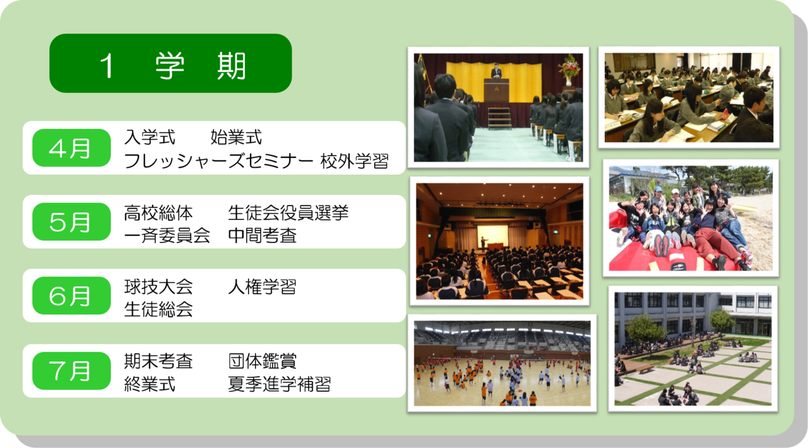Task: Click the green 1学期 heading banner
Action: click(x=170, y=63)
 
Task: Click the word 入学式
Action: click(x=150, y=137)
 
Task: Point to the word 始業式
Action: click(x=236, y=137)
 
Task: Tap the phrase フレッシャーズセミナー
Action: click(x=218, y=161)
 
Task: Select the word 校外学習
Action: click(x=354, y=161)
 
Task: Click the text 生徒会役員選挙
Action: click(x=288, y=213)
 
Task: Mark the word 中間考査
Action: click(x=262, y=236)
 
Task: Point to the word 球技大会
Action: click(x=158, y=287)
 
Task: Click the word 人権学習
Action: click(x=262, y=287)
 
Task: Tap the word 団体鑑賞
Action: click(x=262, y=361)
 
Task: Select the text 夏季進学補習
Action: click(x=279, y=384)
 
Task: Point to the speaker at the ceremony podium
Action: click(x=497, y=71)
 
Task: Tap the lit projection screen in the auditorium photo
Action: click(x=492, y=235)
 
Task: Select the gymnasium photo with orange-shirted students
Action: click(x=502, y=363)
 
